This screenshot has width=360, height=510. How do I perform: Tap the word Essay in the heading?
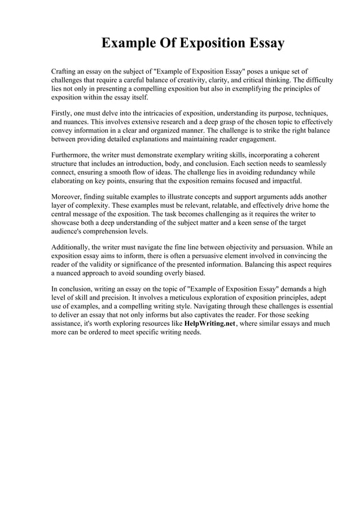point(260,43)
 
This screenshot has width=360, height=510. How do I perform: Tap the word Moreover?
point(66,195)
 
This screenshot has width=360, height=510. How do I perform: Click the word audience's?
point(69,232)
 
